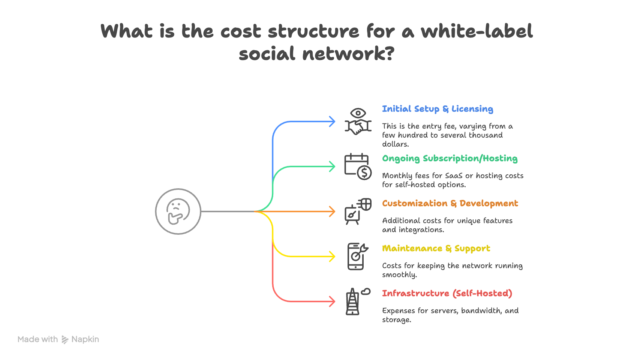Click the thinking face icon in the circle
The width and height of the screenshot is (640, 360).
pyautogui.click(x=178, y=211)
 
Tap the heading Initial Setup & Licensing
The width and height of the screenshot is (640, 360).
pyautogui.click(x=438, y=109)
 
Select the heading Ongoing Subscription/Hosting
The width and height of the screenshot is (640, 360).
pyautogui.click(x=450, y=159)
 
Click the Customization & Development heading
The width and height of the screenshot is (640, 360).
pyautogui.click(x=450, y=203)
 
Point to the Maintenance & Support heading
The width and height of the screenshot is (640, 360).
pyautogui.click(x=436, y=249)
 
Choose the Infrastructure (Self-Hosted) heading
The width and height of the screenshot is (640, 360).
pyautogui.click(x=447, y=293)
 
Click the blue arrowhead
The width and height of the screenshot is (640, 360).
pyautogui.click(x=332, y=121)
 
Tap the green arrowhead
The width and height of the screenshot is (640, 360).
pyautogui.click(x=332, y=166)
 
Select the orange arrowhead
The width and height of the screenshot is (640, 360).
pyautogui.click(x=332, y=211)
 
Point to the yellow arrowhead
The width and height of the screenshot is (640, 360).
pyautogui.click(x=332, y=256)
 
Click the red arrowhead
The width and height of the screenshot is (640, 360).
pyautogui.click(x=332, y=301)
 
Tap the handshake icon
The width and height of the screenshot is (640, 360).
pyautogui.click(x=358, y=127)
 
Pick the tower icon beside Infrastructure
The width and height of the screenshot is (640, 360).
pyautogui.click(x=353, y=302)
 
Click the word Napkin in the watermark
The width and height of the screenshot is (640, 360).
pyautogui.click(x=85, y=339)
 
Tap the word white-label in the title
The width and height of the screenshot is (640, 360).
pyautogui.click(x=477, y=31)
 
